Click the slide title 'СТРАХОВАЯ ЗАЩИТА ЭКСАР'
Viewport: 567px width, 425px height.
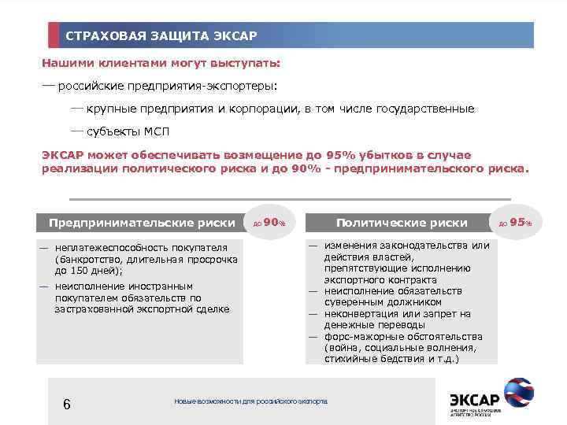(161, 36)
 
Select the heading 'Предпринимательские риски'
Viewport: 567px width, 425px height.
(142, 223)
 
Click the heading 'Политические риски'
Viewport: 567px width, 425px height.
(402, 223)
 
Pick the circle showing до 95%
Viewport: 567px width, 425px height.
(516, 223)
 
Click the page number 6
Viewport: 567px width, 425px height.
(67, 404)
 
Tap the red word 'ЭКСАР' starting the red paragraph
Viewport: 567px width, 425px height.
(63, 155)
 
